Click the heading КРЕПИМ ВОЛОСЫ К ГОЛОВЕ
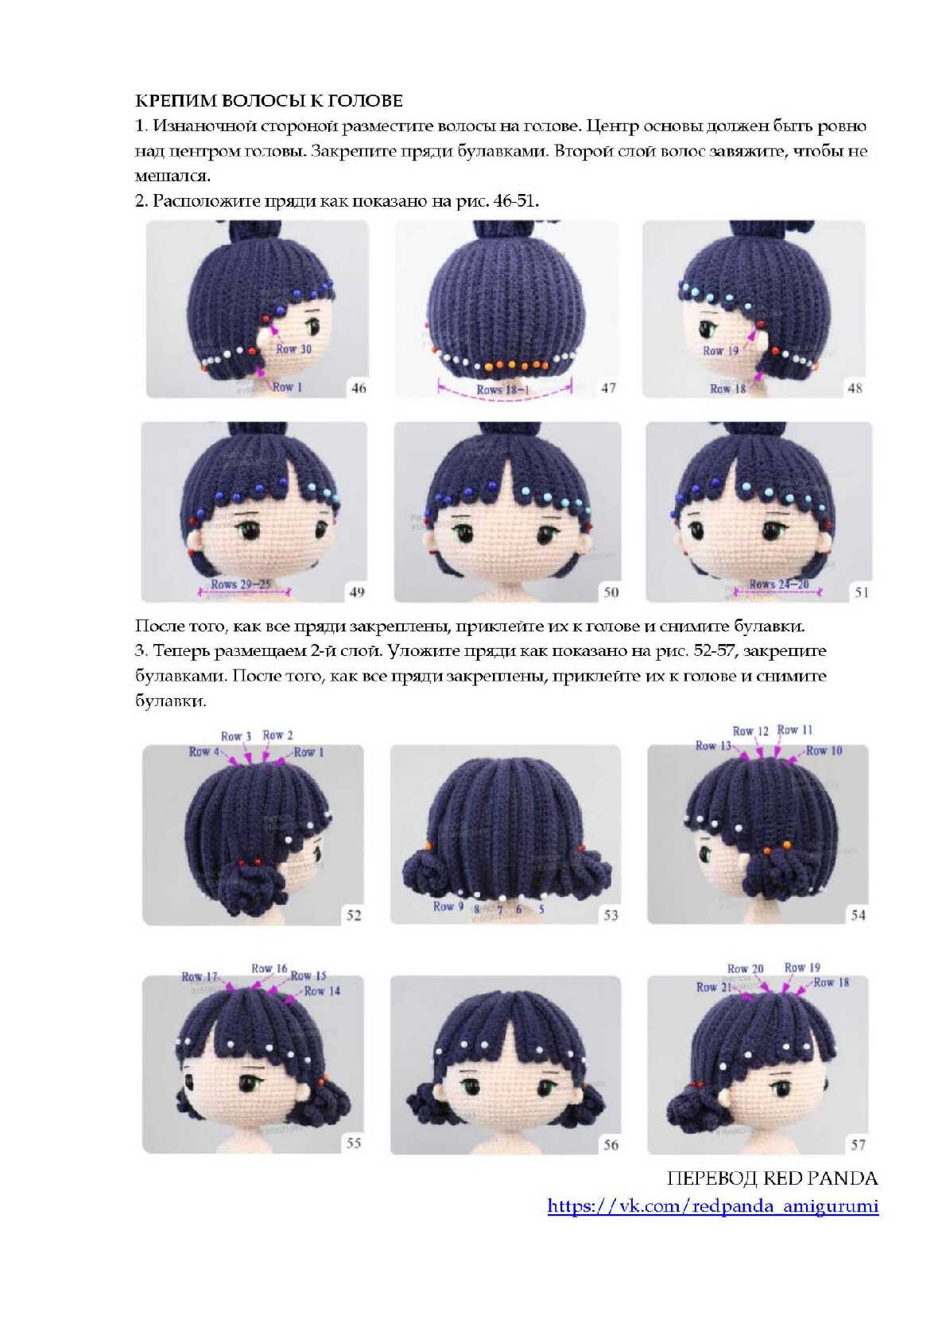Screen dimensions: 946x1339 click(x=269, y=100)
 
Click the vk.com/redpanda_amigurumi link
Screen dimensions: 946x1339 click(x=713, y=1205)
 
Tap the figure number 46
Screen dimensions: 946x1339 click(x=359, y=388)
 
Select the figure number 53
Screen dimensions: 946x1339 click(x=611, y=915)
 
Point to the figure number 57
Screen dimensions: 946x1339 click(x=858, y=1145)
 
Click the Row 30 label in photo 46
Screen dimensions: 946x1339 click(x=293, y=349)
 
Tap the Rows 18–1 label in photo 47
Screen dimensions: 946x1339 click(x=502, y=390)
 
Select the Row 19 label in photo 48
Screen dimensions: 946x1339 click(x=721, y=351)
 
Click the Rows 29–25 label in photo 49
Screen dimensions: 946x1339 click(x=240, y=584)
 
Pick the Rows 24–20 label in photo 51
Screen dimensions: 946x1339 click(x=779, y=584)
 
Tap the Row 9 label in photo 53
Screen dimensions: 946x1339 click(x=448, y=906)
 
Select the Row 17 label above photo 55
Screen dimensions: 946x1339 click(x=200, y=976)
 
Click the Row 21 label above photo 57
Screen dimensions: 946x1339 click(x=714, y=988)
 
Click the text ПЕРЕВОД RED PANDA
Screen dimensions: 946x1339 click(x=772, y=1178)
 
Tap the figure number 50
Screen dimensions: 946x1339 click(x=611, y=592)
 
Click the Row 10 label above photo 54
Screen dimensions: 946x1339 click(x=824, y=751)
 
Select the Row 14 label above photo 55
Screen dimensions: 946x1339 click(x=322, y=991)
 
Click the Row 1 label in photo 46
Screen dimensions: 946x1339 click(x=288, y=386)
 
